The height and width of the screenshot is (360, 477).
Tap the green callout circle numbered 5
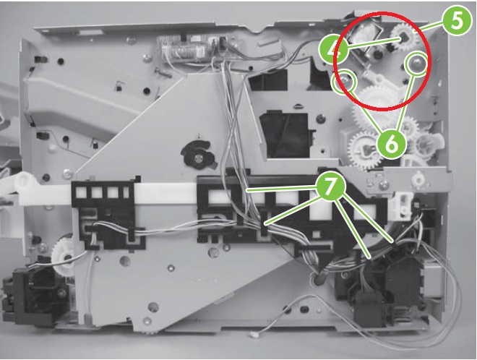pyautogui.click(x=457, y=20)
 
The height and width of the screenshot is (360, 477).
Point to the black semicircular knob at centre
pyautogui.click(x=198, y=154)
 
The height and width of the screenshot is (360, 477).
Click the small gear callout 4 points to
pyautogui.click(x=405, y=38)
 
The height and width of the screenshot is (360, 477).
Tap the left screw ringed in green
pyautogui.click(x=344, y=81)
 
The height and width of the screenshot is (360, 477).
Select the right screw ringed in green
pyautogui.click(x=416, y=64)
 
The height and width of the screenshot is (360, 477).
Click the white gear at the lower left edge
pyautogui.click(x=63, y=255)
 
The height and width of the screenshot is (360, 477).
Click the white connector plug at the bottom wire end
pyautogui.click(x=252, y=335)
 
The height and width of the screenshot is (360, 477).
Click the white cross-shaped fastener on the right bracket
pyautogui.click(x=418, y=180)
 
